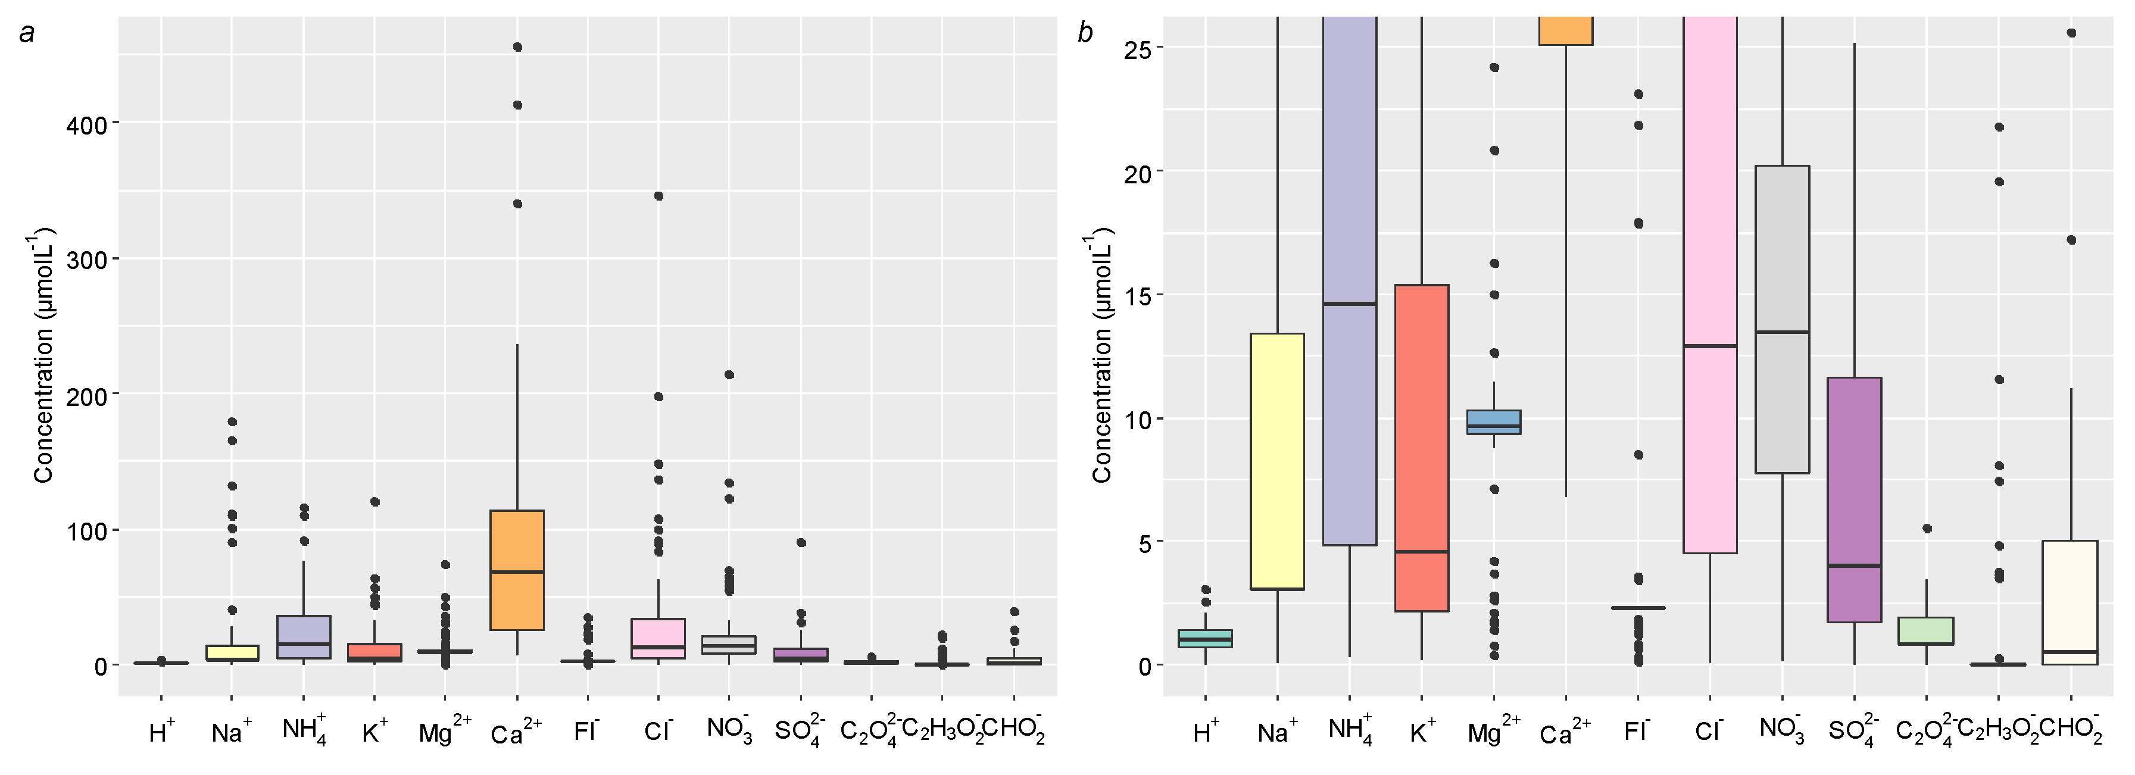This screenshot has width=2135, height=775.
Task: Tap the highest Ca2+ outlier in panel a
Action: (517, 47)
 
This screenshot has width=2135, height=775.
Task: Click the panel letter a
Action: (27, 33)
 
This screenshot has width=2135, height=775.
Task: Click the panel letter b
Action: (1084, 33)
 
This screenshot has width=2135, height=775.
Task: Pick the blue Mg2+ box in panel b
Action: (1494, 422)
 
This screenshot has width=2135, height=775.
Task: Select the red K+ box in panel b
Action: (1421, 448)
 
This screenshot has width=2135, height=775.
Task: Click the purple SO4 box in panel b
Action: (1854, 499)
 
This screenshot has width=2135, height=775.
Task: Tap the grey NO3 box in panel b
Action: (1782, 319)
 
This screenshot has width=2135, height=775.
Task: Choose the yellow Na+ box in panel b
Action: (1277, 461)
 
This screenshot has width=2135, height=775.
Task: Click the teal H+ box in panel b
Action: (1205, 638)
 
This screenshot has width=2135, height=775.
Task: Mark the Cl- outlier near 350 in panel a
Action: (658, 196)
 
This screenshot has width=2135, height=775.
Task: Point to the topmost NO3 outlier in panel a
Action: (729, 374)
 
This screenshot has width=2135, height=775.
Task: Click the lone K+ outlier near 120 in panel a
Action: (374, 501)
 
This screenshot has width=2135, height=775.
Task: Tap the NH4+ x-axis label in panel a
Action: (304, 730)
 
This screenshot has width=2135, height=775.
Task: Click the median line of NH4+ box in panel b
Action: (1349, 304)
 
